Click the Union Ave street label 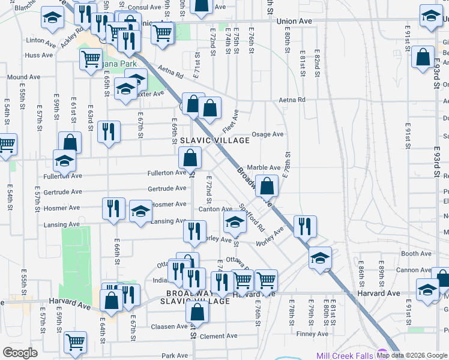coord(295,21)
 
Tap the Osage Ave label coord(267,134)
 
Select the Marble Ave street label coord(264,167)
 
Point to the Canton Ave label coord(211,209)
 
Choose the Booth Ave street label coord(416,254)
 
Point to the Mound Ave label coord(23,77)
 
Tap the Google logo coord(20,353)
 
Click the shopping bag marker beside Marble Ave coord(267,185)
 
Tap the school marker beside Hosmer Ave coord(141,212)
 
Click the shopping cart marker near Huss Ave coord(91,59)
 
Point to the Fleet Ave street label coord(231,121)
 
